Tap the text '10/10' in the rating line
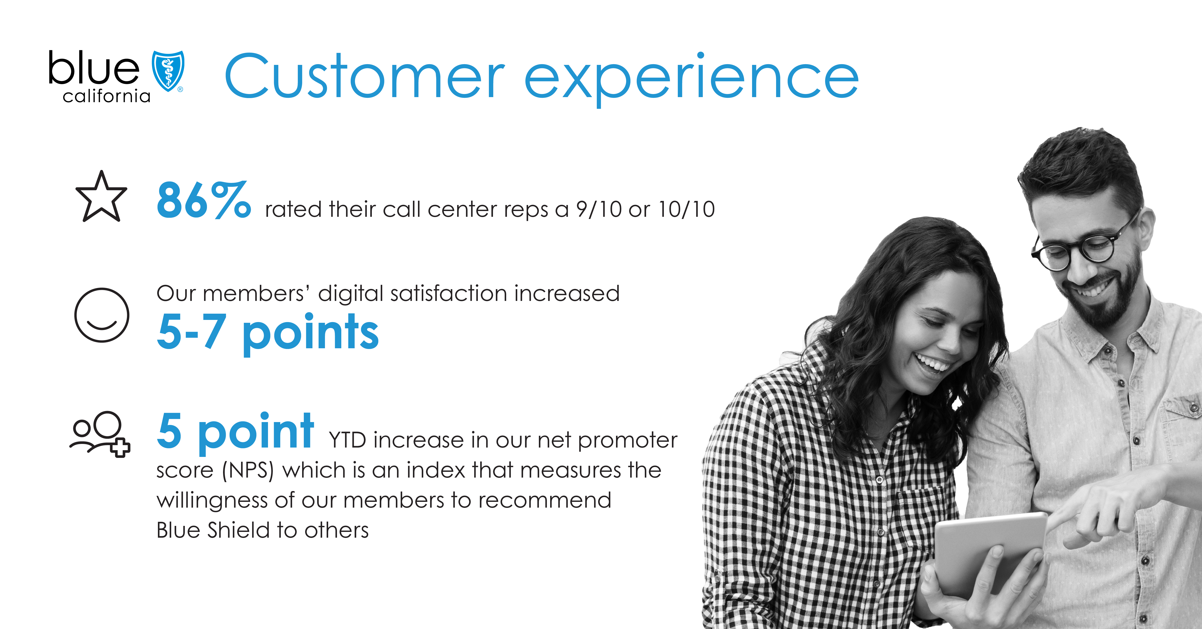[686, 209]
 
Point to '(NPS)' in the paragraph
[247, 470]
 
